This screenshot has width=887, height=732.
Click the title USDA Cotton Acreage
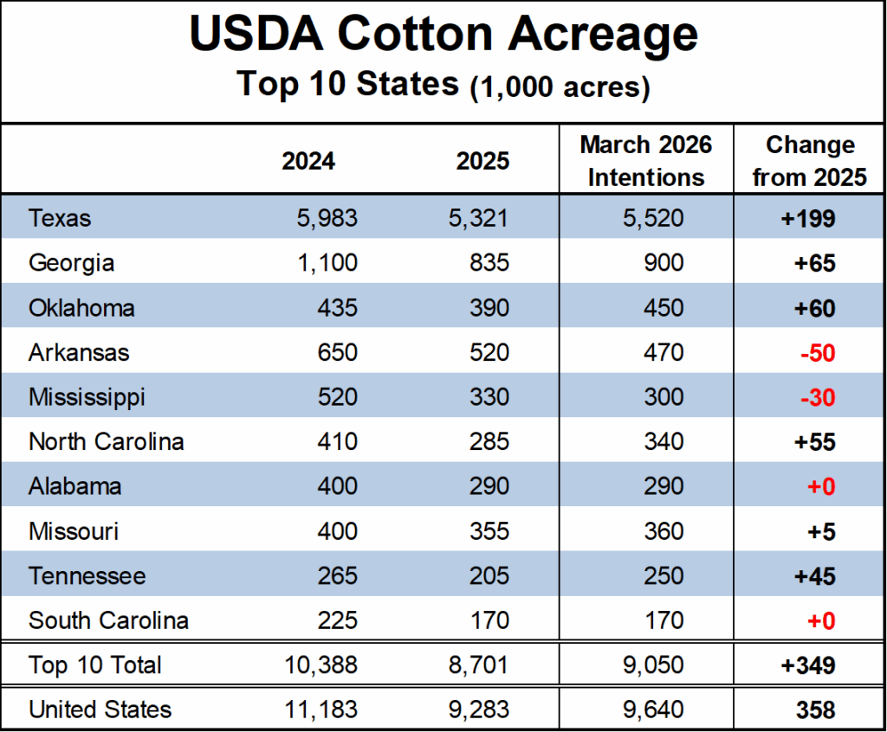tap(443, 35)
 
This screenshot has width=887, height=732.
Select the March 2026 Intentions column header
tap(645, 161)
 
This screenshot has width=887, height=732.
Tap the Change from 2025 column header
tap(809, 161)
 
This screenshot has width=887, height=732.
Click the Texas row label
tap(60, 218)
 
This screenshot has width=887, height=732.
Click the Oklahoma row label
tap(81, 308)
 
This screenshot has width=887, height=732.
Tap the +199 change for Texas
tap(807, 218)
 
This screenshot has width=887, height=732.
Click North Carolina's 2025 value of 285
tap(488, 442)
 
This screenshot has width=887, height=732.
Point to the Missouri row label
tap(74, 531)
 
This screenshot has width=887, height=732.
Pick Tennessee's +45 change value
tap(815, 576)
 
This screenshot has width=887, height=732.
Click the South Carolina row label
tap(108, 620)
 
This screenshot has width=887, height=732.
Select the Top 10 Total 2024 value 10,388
tap(320, 665)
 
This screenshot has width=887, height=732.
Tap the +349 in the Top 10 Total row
tap(807, 665)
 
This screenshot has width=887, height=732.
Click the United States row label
tap(100, 710)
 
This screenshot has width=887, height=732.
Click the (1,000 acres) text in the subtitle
tap(560, 87)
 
